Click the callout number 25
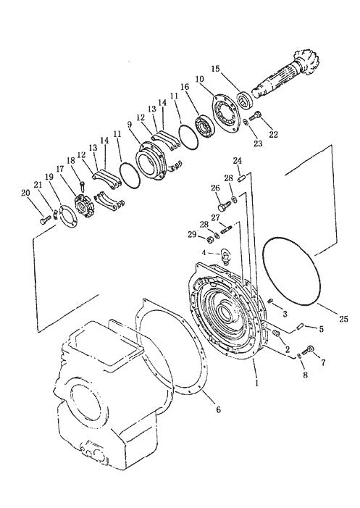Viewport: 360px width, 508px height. [344, 319]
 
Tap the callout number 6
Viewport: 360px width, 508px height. [218, 409]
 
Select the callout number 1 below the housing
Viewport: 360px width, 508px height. [256, 383]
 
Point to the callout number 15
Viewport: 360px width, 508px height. [215, 69]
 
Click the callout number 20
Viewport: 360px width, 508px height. [25, 193]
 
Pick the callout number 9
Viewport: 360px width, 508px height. [130, 125]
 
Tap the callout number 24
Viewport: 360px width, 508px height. [238, 160]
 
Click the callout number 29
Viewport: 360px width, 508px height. [192, 234]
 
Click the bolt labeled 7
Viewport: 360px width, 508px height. [308, 350]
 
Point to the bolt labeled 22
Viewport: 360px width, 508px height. [256, 116]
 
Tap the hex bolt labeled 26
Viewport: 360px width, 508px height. [224, 205]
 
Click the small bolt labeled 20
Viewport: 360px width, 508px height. [46, 220]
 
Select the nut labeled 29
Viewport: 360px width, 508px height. [209, 239]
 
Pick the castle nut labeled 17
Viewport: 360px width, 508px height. [84, 206]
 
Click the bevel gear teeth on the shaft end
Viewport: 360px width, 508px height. [307, 62]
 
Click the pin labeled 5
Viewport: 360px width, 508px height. [301, 327]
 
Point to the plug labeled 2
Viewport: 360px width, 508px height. [276, 333]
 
